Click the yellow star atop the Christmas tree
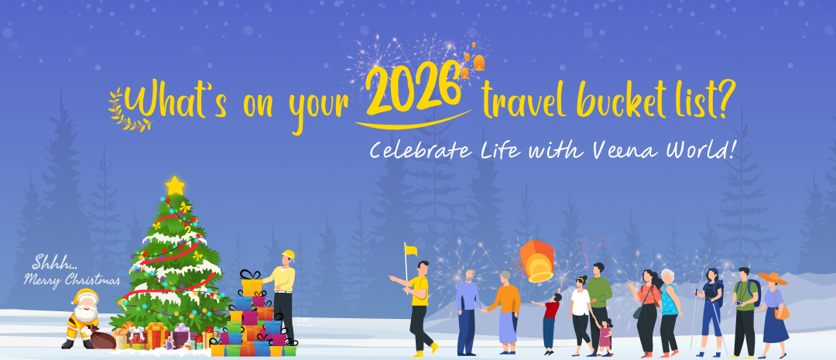[x=175, y=185]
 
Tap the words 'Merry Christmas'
[x=72, y=280]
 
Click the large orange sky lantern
[x=536, y=260]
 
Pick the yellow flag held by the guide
[x=411, y=250]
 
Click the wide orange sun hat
[x=773, y=278]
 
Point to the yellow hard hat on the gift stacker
[x=289, y=255]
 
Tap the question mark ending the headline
[x=718, y=101]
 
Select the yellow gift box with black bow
[x=252, y=286]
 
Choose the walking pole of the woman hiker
[x=695, y=317]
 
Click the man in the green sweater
[x=598, y=298]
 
